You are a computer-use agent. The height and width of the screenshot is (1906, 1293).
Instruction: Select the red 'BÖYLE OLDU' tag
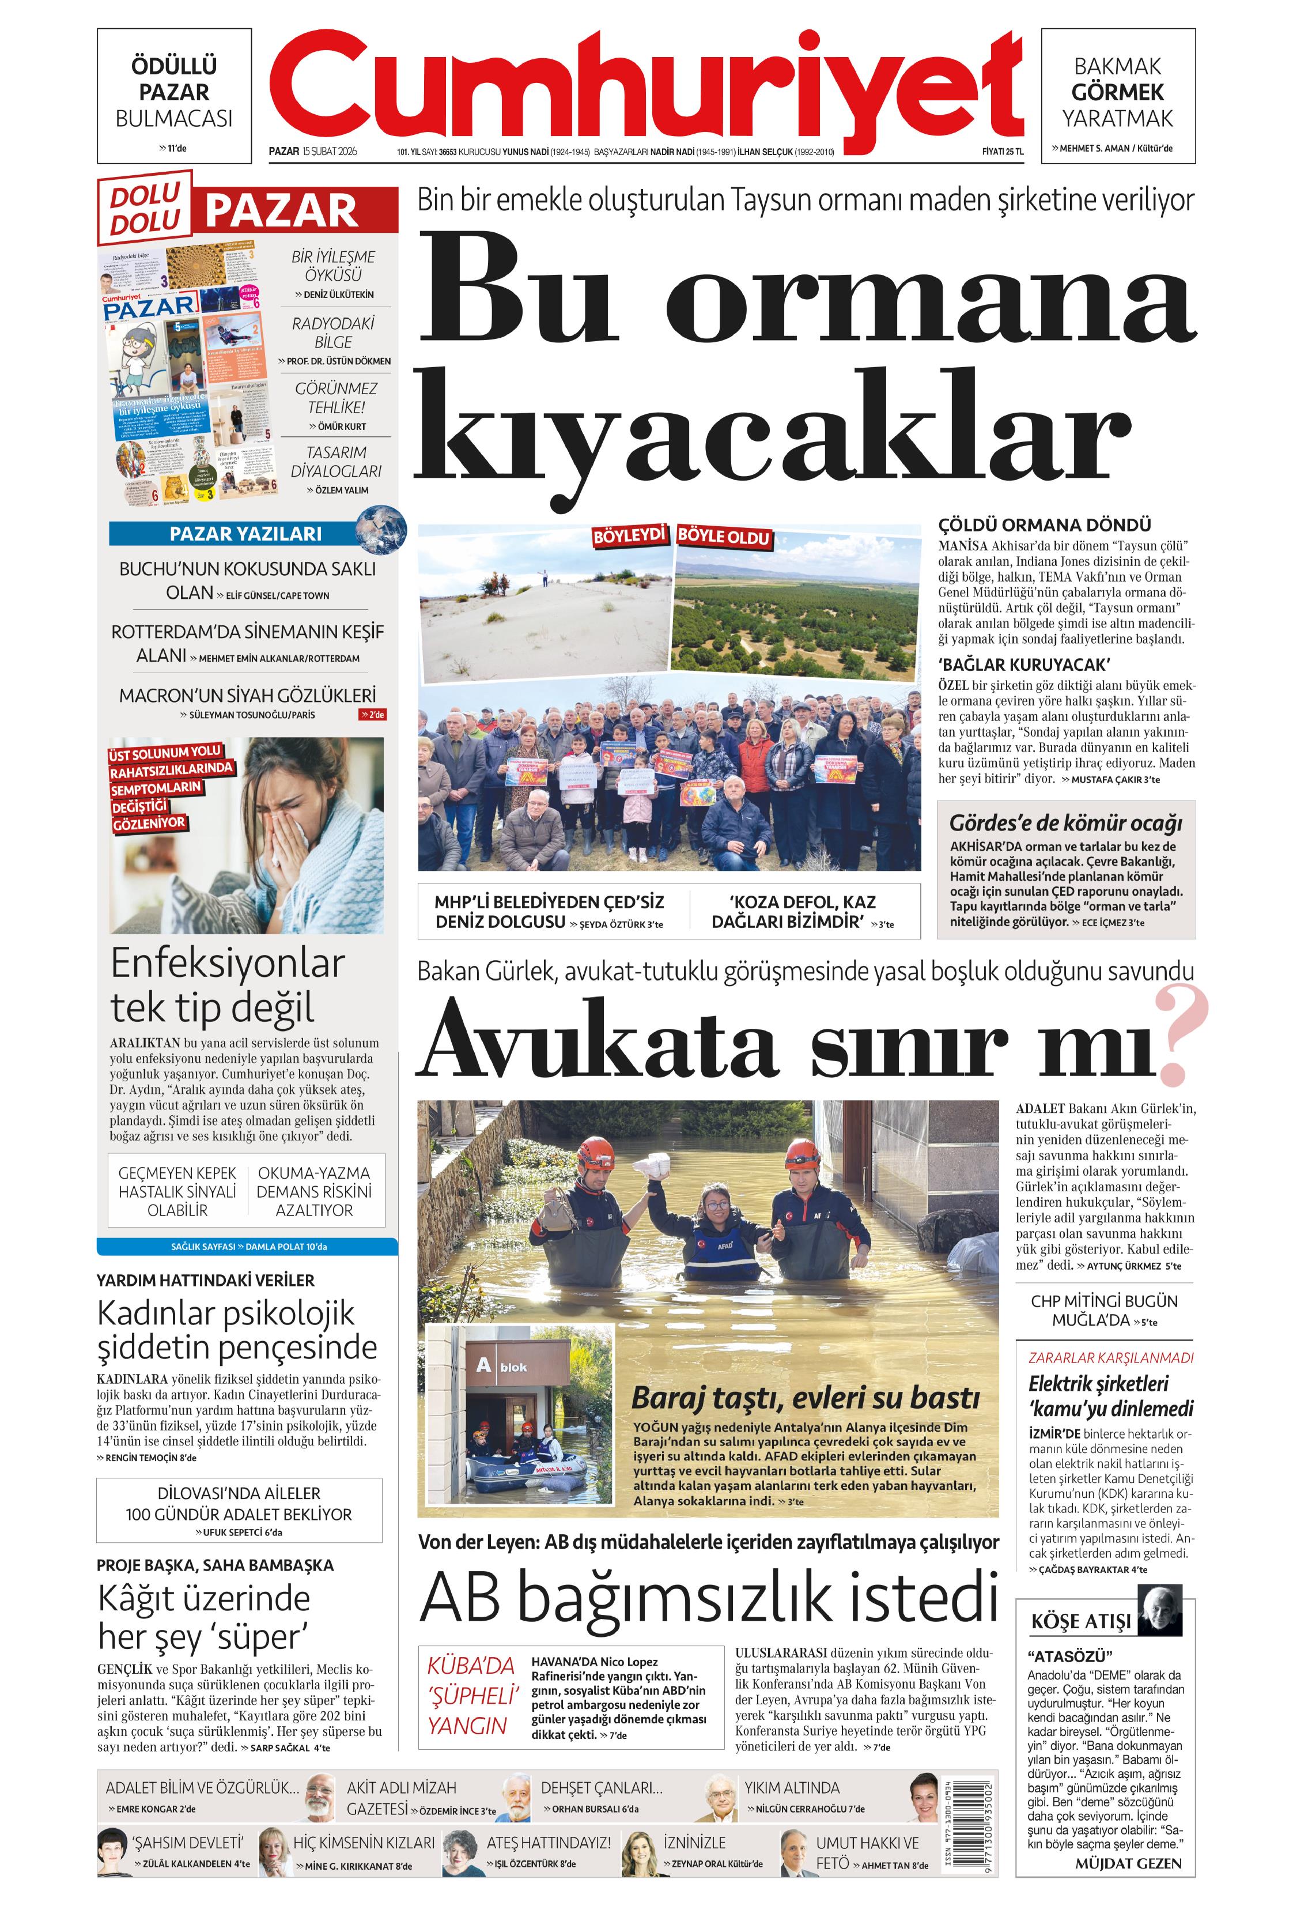click(724, 537)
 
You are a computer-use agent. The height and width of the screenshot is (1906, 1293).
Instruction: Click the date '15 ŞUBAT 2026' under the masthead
click(330, 151)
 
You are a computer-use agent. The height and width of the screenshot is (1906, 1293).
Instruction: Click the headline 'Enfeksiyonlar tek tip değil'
click(228, 985)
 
